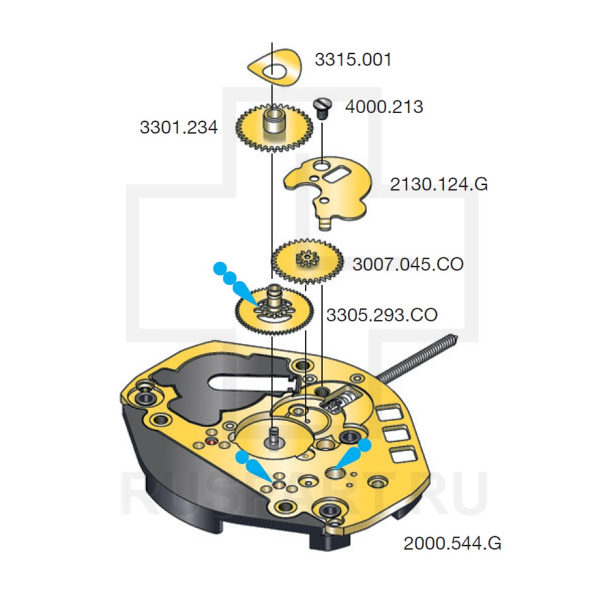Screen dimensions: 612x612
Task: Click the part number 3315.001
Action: tap(353, 60)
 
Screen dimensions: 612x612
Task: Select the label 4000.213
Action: tap(384, 107)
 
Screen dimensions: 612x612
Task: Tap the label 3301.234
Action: tap(179, 128)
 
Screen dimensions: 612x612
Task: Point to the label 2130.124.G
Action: tap(439, 184)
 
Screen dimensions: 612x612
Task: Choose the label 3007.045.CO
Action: tap(408, 264)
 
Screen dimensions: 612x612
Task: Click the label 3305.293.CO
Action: tap(381, 315)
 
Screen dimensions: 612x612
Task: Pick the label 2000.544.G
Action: tap(452, 543)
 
